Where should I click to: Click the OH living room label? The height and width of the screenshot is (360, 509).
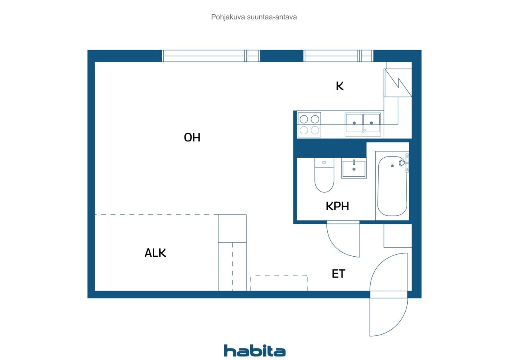[192, 137]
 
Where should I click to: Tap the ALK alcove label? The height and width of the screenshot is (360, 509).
[155, 253]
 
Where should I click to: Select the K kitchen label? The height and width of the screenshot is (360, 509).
[340, 86]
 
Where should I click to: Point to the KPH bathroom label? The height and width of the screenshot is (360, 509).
[338, 206]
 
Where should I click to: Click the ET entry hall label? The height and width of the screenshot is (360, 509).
[338, 274]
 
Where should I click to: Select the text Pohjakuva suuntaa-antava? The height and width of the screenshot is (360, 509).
[254, 17]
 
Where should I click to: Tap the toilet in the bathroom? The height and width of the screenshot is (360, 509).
[324, 175]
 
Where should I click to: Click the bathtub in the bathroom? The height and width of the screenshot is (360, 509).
[392, 186]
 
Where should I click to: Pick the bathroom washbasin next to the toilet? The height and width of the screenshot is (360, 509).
[354, 168]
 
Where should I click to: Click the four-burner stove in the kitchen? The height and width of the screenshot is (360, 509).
[309, 125]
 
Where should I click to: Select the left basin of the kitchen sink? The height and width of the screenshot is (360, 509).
[354, 123]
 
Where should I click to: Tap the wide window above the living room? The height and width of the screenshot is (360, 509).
[211, 56]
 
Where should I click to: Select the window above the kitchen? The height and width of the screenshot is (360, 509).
[338, 56]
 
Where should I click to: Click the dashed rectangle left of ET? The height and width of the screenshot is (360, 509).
[279, 283]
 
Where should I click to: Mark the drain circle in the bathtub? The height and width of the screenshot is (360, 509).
[392, 166]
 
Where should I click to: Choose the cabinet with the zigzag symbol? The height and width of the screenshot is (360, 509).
[398, 83]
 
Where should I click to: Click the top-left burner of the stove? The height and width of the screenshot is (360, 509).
[304, 119]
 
